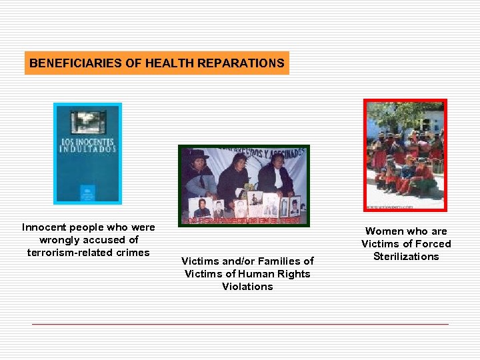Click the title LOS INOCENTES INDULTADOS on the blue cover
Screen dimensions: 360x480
coord(87,146)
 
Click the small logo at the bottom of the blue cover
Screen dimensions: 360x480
coord(87,193)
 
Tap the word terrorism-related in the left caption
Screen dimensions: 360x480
coord(71,252)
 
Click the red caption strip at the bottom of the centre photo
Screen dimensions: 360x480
coord(243,220)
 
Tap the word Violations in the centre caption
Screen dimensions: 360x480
coord(247,286)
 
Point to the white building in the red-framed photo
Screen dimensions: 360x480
coord(432,123)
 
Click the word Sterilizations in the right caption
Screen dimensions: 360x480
coord(406,257)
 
